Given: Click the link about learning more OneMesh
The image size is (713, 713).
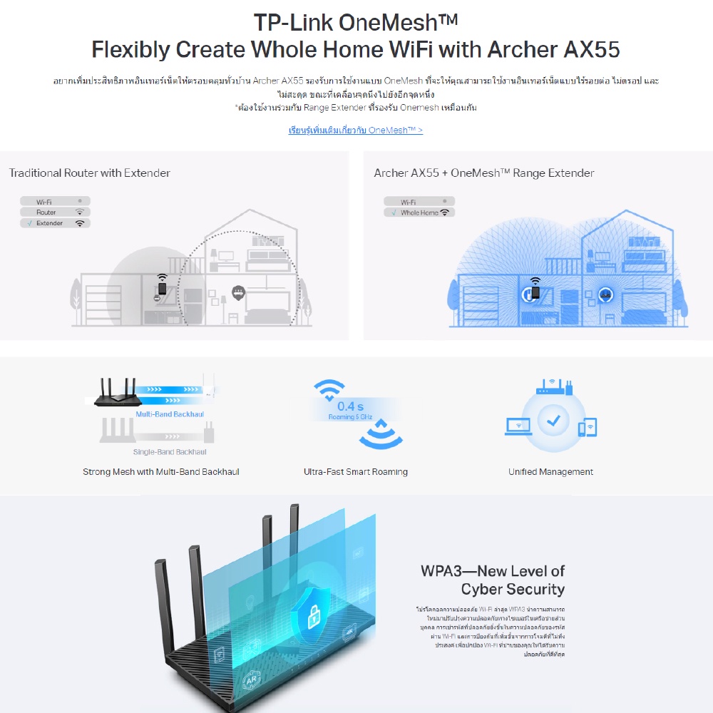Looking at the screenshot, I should point(355,130).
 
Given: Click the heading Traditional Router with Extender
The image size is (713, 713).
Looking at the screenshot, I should point(90,173).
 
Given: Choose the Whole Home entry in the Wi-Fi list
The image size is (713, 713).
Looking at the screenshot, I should point(419,212).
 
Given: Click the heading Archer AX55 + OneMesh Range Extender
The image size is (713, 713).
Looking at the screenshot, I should point(483,173).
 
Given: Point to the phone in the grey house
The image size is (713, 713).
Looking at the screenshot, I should point(163,289).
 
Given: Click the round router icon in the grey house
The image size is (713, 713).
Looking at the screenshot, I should point(237,291).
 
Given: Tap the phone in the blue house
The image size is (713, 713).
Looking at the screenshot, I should point(535,291).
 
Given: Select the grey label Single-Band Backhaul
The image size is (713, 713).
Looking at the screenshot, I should point(170,452).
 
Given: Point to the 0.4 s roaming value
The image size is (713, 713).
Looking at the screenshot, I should point(350,407).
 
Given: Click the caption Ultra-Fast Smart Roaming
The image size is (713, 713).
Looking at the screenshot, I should point(356,472).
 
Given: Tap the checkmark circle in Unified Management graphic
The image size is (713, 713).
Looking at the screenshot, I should point(553,421).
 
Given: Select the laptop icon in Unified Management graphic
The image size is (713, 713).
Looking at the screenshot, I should point(518,426).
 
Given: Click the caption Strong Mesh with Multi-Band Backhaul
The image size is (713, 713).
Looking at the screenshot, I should point(161,472).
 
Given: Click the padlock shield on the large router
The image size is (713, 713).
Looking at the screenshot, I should point(314,610).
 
